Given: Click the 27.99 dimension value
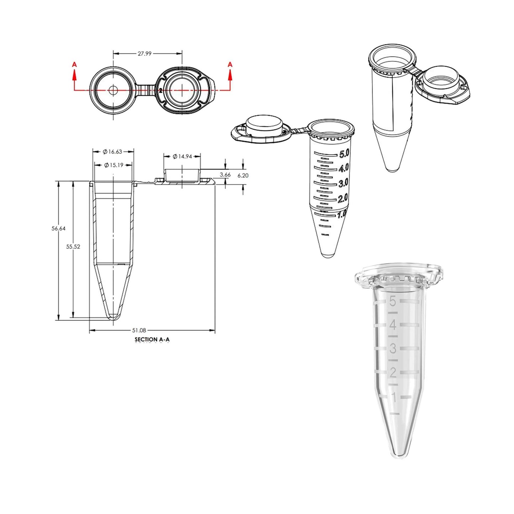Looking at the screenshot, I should click(x=144, y=54).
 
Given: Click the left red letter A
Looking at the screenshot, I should click(x=74, y=64).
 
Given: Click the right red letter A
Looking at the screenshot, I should click(x=230, y=64).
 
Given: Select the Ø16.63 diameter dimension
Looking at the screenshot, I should click(x=113, y=152).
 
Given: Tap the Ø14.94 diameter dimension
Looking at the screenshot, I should click(x=182, y=157).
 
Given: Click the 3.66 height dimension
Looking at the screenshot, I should click(x=225, y=175).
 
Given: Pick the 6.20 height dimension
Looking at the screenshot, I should click(x=243, y=175).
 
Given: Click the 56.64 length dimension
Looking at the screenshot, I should click(x=58, y=228).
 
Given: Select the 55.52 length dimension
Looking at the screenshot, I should click(x=73, y=247).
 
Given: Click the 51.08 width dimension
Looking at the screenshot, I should click(x=139, y=330).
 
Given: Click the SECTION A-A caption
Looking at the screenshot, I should click(x=152, y=339).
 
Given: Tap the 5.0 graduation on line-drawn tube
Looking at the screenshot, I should click(x=344, y=154).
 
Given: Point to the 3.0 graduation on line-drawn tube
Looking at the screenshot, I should click(x=343, y=184).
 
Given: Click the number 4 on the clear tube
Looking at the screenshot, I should click(x=393, y=325).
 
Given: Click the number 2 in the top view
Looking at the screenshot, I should click(x=161, y=91).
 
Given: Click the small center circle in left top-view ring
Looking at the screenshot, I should click(x=113, y=90).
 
